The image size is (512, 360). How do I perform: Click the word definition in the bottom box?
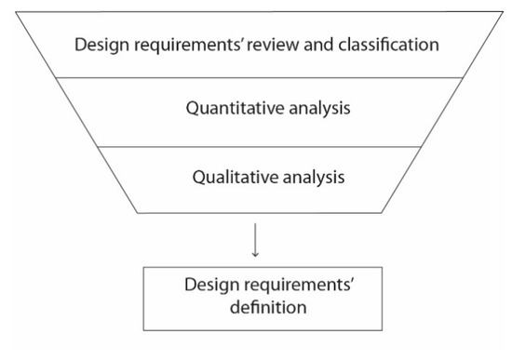point(256,303)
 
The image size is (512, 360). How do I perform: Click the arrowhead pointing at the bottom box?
point(256,256)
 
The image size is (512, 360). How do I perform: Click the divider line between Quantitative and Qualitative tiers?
point(256,146)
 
